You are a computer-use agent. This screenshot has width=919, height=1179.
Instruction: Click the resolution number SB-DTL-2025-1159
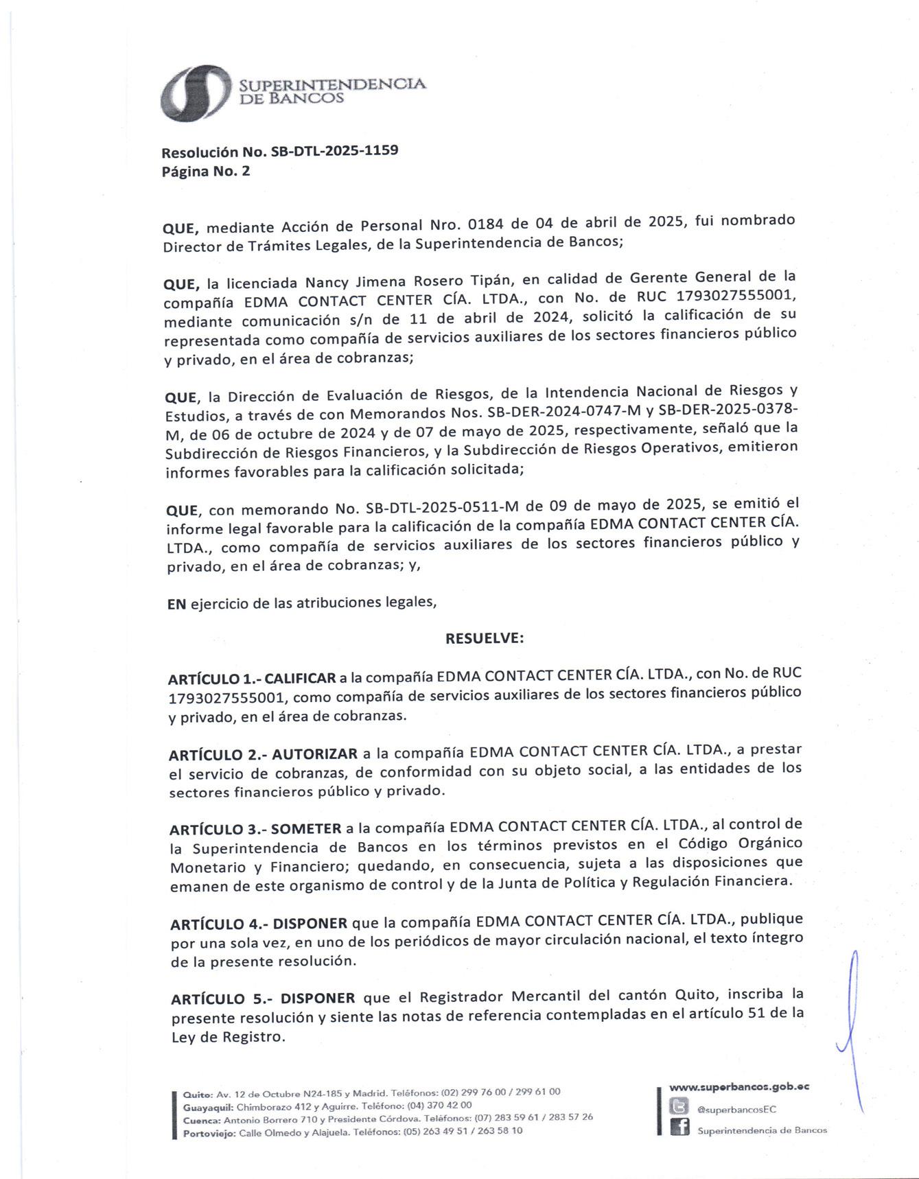[335, 150]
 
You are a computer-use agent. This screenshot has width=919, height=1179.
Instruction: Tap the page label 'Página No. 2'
[206, 172]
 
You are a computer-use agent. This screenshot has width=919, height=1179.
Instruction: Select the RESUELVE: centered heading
[485, 638]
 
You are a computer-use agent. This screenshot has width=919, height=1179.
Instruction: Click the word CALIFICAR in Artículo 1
[300, 679]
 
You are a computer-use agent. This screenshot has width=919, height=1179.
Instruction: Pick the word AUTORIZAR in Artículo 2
[314, 754]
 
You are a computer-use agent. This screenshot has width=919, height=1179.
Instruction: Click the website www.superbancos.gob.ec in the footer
[738, 1086]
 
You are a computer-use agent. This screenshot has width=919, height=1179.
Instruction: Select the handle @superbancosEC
[736, 1109]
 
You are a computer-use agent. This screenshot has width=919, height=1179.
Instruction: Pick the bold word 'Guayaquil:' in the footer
[208, 1106]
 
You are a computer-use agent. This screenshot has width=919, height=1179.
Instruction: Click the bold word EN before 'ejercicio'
[176, 604]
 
